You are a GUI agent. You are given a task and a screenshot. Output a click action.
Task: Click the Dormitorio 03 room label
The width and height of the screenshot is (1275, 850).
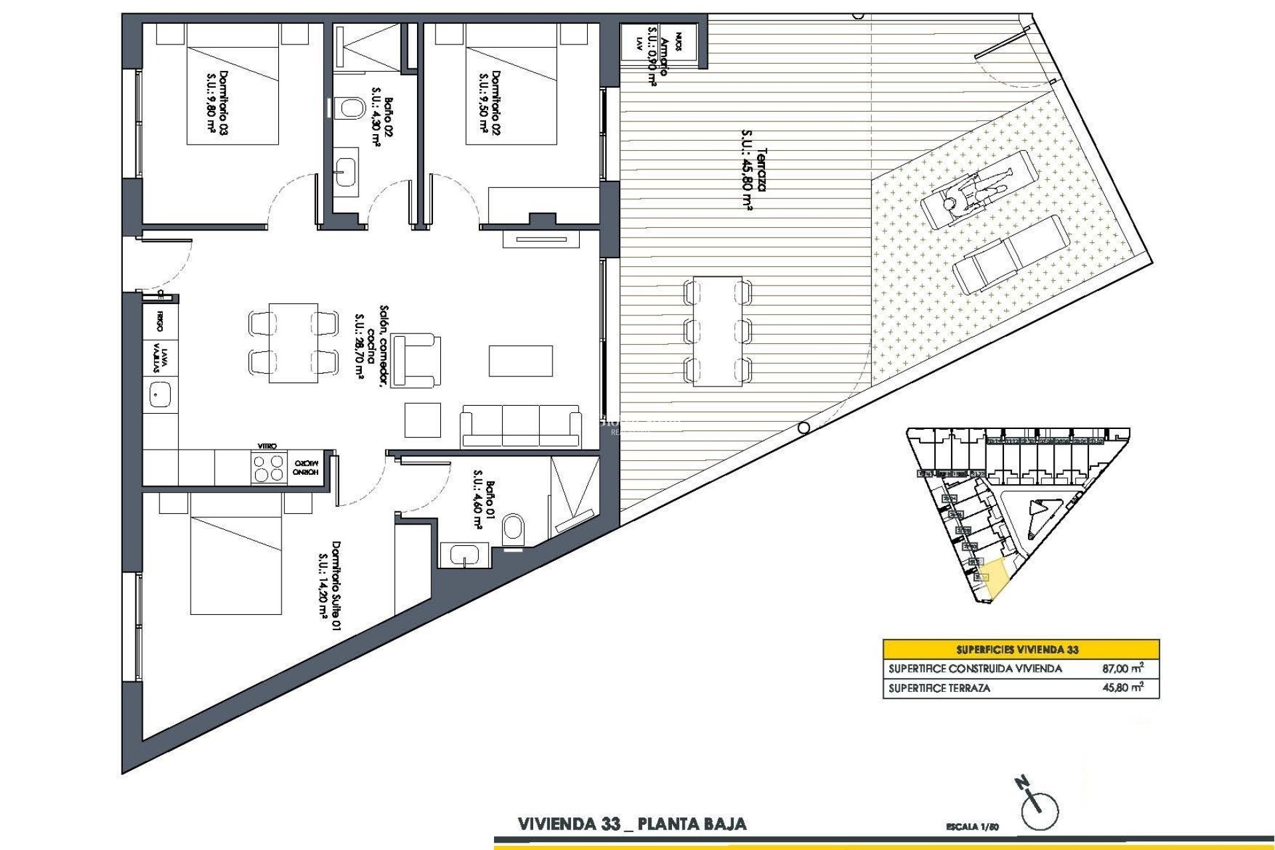tap(217, 103)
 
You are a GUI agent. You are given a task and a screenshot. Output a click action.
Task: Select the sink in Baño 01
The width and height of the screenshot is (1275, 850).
tap(464, 554)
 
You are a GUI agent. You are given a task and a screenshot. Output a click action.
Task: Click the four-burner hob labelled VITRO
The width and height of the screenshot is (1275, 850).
tap(268, 467)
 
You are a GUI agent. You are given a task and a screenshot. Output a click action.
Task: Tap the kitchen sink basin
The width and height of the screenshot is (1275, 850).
tap(160, 395)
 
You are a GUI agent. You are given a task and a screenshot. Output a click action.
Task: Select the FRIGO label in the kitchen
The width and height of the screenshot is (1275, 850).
tap(160, 321)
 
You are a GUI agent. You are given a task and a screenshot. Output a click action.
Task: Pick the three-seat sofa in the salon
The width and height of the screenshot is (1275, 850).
tap(521, 426)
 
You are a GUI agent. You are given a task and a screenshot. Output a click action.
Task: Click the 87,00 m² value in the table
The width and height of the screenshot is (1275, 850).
tap(1122, 669)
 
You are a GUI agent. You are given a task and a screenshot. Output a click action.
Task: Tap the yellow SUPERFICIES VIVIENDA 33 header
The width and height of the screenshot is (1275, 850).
tap(1021, 649)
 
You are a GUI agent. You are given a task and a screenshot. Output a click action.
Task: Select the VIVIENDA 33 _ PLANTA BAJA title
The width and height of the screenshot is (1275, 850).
tap(632, 825)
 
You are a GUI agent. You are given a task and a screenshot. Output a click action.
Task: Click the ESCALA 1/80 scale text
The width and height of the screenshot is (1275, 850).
tap(972, 827)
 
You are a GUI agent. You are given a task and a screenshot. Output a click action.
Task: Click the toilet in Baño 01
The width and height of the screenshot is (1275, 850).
tap(513, 529)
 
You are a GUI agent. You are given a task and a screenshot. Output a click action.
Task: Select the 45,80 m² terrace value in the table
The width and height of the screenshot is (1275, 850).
tap(1122, 688)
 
